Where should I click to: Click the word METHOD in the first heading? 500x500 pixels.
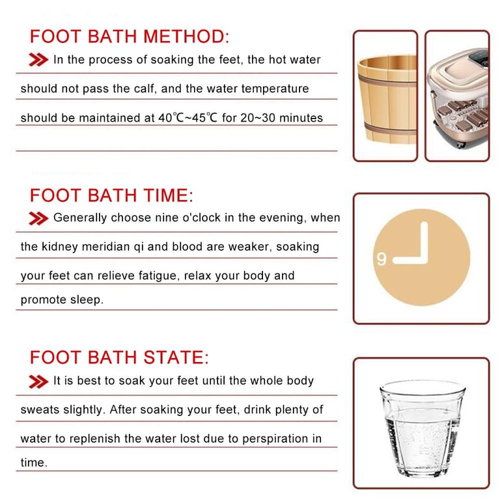pyautogui.click(x=186, y=36)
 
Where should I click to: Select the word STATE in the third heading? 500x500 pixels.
pyautogui.click(x=176, y=357)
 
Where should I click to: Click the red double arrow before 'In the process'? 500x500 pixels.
pyautogui.click(x=38, y=60)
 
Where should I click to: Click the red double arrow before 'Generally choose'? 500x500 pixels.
pyautogui.click(x=38, y=219)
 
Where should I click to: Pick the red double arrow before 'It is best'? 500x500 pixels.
pyautogui.click(x=38, y=382)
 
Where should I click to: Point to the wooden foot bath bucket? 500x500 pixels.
pyautogui.click(x=387, y=99)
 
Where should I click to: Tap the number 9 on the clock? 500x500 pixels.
pyautogui.click(x=382, y=258)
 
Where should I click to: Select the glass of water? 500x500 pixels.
pyautogui.click(x=423, y=428)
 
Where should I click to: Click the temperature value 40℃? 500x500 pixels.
pyautogui.click(x=171, y=118)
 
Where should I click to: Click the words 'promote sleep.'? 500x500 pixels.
pyautogui.click(x=62, y=299)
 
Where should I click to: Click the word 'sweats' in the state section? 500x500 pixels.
pyautogui.click(x=40, y=410)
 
